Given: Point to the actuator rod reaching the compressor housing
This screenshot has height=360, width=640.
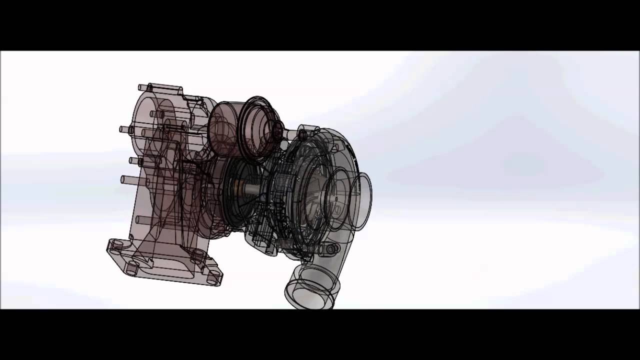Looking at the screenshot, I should pos(290,134).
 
